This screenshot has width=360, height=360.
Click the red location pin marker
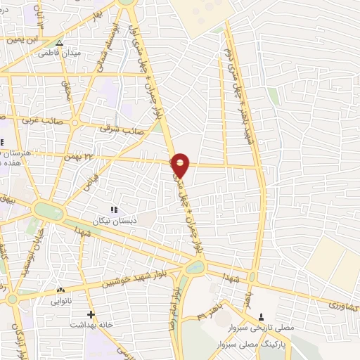tap(181, 165)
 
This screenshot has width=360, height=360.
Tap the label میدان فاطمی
tap(59, 53)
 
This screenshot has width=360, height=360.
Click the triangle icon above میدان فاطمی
tap(59, 42)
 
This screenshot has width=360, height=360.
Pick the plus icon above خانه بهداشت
tap(89, 314)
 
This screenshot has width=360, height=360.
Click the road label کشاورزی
tap(343, 307)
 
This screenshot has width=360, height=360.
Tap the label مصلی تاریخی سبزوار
tap(262, 328)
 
